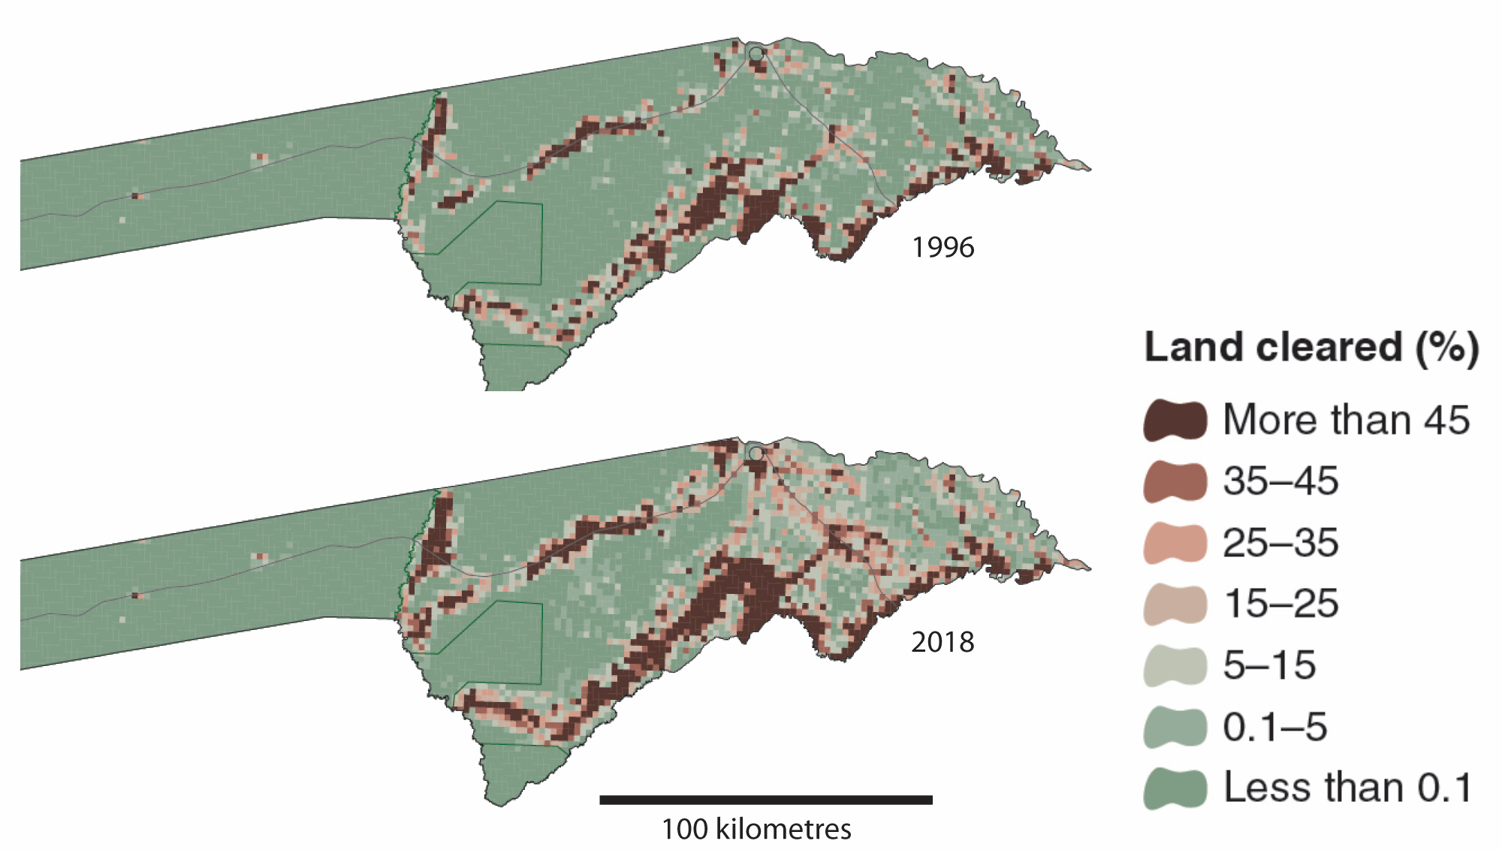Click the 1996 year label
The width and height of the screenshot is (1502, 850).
coord(943,247)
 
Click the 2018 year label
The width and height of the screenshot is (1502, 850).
coord(943,642)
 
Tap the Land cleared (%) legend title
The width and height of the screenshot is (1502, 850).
coord(1311,347)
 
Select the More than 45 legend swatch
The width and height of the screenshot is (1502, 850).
coord(1175,420)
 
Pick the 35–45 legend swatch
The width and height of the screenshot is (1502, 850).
coord(1175,481)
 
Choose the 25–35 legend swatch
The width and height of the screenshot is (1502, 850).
coord(1175,543)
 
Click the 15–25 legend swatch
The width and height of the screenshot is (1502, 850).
coord(1175,604)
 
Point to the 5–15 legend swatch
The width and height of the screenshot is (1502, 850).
coord(1175,666)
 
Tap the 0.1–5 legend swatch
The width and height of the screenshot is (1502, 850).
coord(1175,727)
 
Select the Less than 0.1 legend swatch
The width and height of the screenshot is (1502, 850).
coord(1175,788)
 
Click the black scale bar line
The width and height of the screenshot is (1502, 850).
coord(765,800)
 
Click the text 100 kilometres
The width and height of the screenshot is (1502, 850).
coord(756,829)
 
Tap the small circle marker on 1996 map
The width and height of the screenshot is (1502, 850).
coord(756,53)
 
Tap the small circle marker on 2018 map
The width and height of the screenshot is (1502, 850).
coord(756,454)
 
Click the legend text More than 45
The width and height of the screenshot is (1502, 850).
coord(1346,420)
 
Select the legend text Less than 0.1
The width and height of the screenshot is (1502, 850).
coord(1347,788)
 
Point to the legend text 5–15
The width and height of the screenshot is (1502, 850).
coord(1269,666)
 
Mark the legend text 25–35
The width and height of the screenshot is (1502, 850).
coord(1280,543)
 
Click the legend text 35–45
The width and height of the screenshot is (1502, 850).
coord(1280,481)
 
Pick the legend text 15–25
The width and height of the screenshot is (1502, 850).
coord(1280,604)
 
